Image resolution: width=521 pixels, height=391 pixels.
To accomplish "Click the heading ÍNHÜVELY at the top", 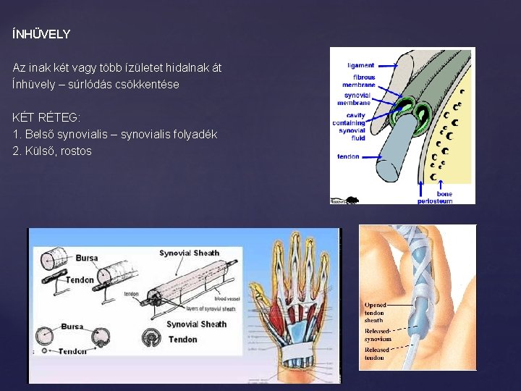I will click(x=41, y=34).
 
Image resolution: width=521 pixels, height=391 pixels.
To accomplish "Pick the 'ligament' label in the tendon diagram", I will click(x=360, y=65).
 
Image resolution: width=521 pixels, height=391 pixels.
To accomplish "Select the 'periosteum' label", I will click(x=435, y=201).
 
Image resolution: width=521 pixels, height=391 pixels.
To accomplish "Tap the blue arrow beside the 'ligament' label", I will click(x=386, y=65).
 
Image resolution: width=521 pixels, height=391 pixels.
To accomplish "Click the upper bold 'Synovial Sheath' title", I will click(x=189, y=253).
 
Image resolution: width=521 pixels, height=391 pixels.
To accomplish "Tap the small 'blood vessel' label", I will click(x=227, y=298).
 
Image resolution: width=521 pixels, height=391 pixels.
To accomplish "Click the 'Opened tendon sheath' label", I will click(x=376, y=312).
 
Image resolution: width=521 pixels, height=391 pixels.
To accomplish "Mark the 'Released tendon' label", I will click(x=376, y=353).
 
